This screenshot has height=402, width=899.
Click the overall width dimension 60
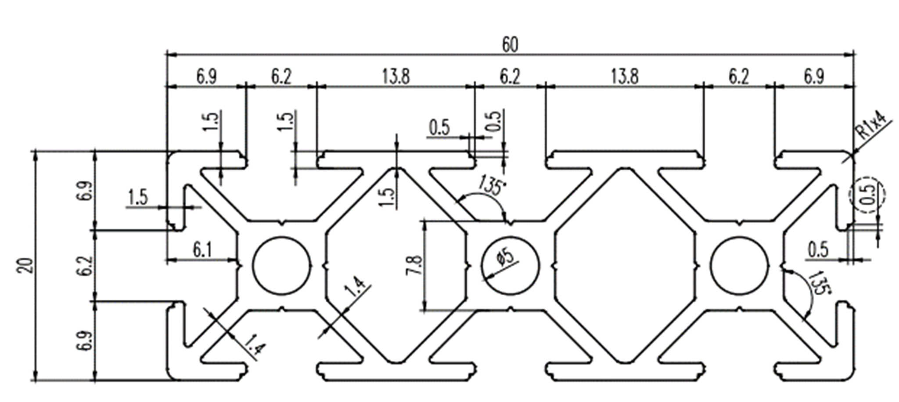point(510,45)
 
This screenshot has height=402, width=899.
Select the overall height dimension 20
point(26,266)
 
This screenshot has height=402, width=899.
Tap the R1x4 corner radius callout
point(871,126)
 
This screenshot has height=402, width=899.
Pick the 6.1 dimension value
point(202,250)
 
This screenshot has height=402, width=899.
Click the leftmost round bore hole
point(281,265)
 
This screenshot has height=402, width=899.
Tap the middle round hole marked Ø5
point(510,265)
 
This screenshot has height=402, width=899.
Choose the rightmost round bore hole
point(739,265)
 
